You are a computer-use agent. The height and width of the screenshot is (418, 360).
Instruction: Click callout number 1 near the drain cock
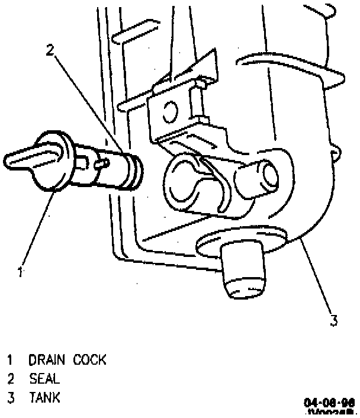20,272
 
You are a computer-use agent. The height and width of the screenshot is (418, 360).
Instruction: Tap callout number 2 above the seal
51,51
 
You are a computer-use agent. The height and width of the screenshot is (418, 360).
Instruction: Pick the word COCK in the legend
90,359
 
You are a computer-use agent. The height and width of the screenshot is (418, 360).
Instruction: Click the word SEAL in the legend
45,378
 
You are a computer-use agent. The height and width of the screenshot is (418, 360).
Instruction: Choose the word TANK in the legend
45,397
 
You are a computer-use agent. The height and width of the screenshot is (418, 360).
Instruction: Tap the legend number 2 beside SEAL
11,378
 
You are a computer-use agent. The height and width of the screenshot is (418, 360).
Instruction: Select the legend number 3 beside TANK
11,397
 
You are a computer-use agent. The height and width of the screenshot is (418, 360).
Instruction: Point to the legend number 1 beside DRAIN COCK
10,359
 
